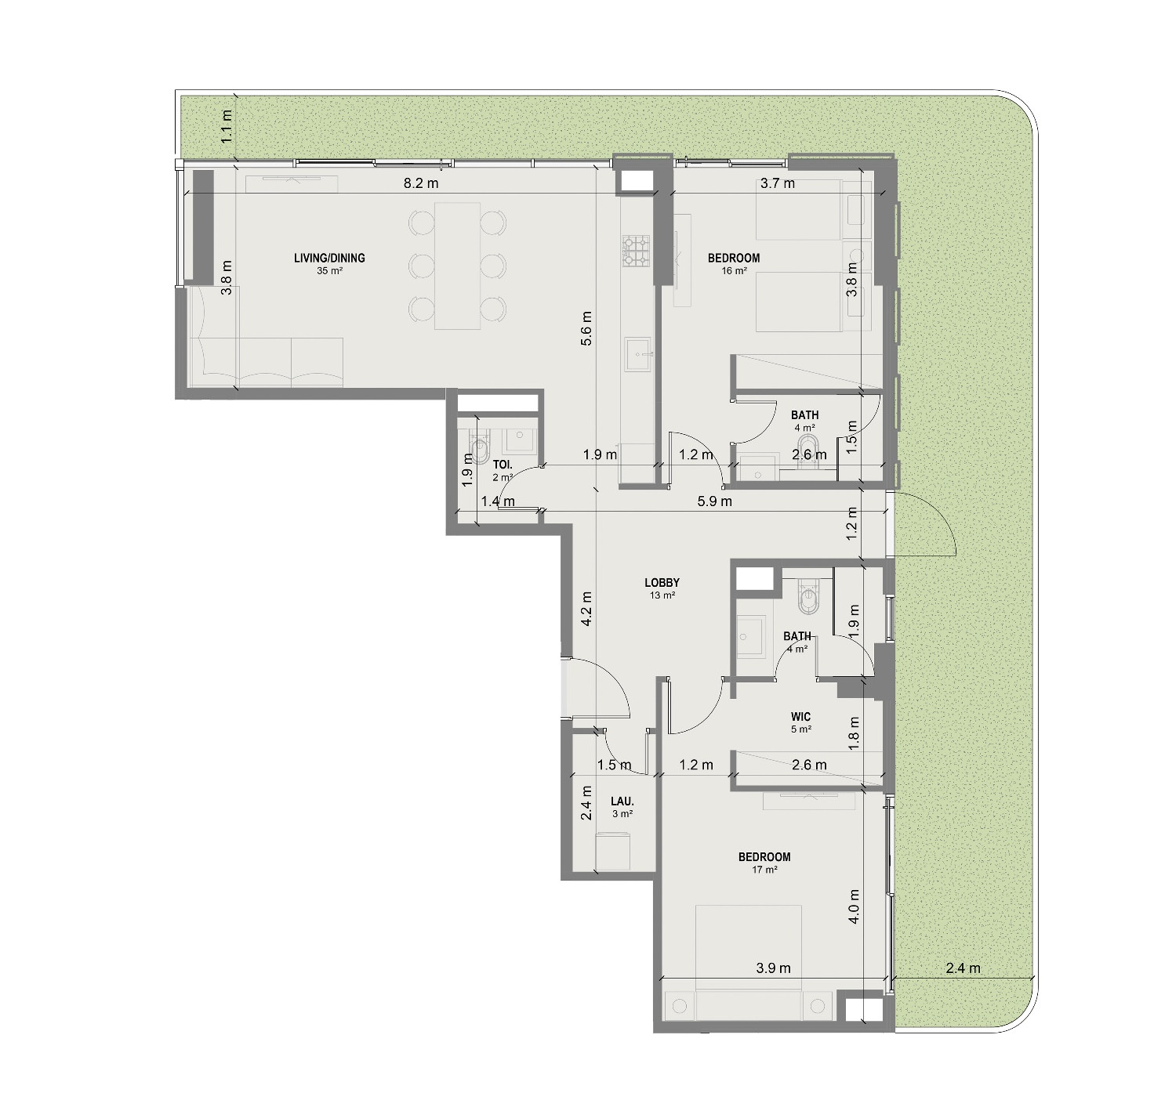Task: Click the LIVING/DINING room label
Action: (x=329, y=258)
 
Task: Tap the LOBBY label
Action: (x=662, y=583)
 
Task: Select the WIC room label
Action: (x=800, y=717)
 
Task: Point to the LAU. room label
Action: (x=622, y=801)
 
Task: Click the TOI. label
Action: (x=503, y=465)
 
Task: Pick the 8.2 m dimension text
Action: (x=421, y=183)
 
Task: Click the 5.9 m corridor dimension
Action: (x=714, y=501)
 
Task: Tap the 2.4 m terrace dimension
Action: (x=963, y=968)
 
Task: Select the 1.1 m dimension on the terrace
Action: (x=227, y=126)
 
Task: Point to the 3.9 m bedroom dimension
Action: (x=773, y=968)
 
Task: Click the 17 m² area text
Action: (x=764, y=870)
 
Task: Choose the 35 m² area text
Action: (x=329, y=271)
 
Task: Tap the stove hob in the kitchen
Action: (x=637, y=251)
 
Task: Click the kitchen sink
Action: (x=637, y=354)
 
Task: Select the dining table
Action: (x=457, y=266)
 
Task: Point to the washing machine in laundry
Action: (x=613, y=852)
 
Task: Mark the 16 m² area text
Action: (x=734, y=271)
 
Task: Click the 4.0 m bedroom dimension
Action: (x=854, y=906)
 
